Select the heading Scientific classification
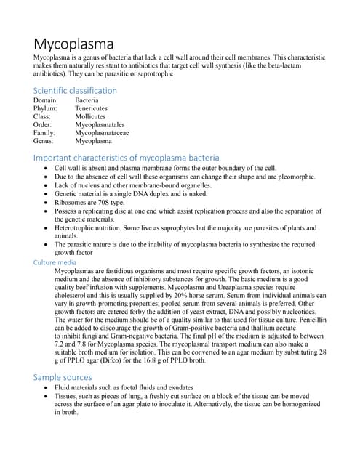coord(75,90)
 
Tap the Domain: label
coord(47,100)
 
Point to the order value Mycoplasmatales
coord(100,125)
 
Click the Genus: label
coord(45,142)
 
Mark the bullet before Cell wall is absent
coord(46,169)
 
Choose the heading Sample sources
coord(63,377)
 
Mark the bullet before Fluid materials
coord(46,389)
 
